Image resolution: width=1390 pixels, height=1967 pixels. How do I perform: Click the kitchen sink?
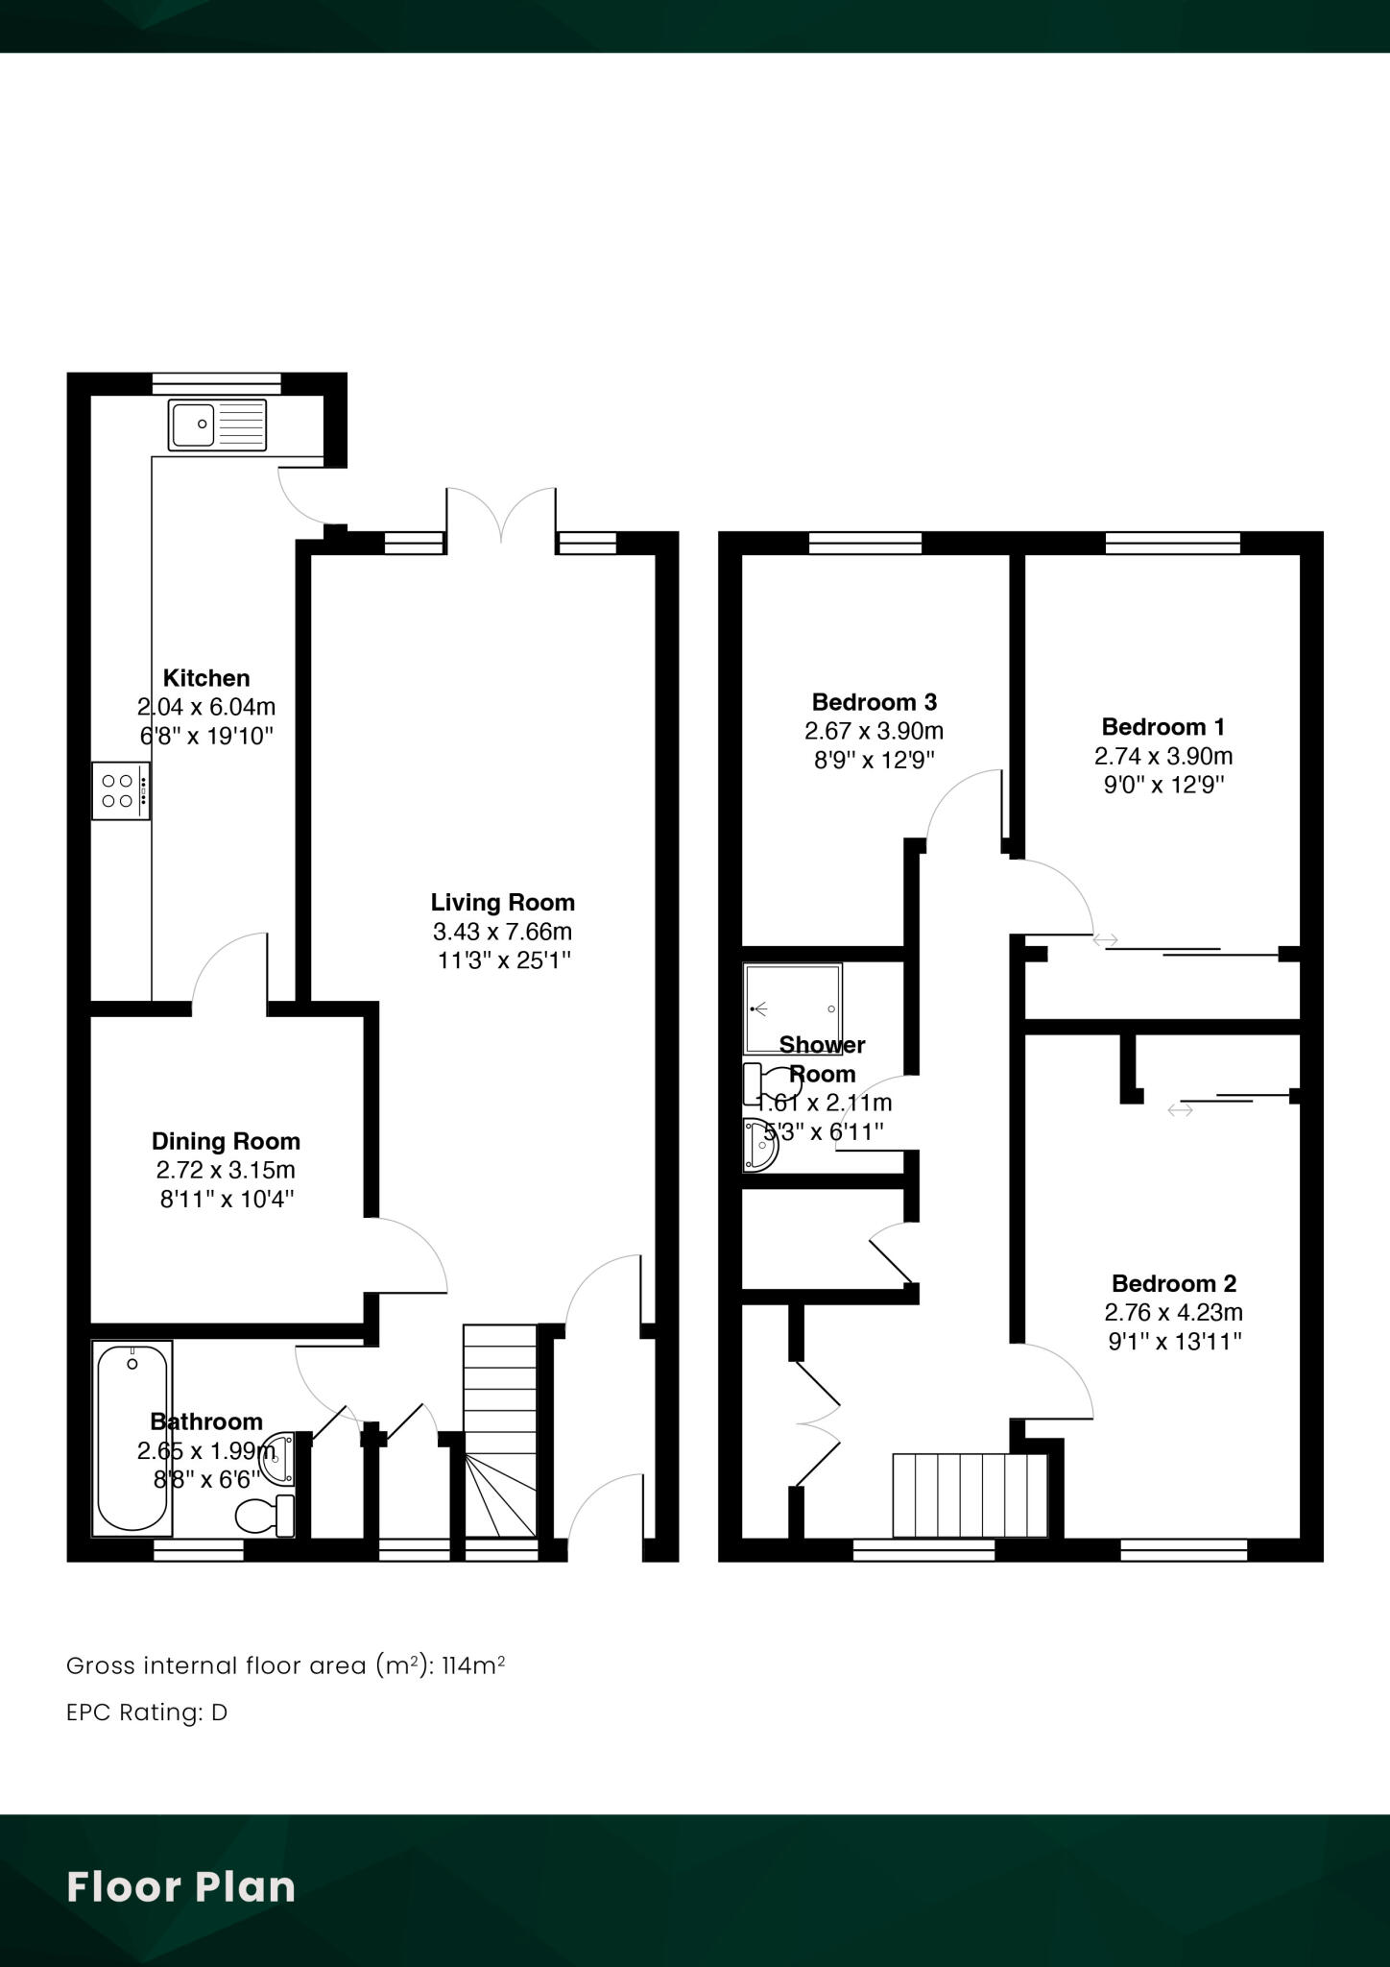[x=218, y=425]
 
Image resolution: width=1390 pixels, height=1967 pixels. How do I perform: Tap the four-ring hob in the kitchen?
[x=121, y=791]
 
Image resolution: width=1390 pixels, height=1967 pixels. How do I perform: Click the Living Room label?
[x=502, y=903]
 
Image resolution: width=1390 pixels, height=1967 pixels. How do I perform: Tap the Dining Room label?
[x=226, y=1141]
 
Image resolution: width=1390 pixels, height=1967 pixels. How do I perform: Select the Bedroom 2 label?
[x=1173, y=1283]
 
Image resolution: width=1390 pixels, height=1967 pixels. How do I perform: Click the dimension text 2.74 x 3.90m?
[x=1162, y=756]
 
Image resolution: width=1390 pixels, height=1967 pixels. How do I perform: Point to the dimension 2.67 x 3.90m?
[x=874, y=731]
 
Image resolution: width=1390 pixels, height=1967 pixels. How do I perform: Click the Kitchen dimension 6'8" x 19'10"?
[x=206, y=737]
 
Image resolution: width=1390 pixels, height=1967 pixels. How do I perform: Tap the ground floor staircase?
[x=499, y=1431]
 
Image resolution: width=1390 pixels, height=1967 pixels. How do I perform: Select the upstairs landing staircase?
[x=969, y=1495]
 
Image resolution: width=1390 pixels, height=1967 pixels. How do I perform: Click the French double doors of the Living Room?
[x=500, y=519]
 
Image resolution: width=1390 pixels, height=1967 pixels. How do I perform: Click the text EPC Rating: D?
[x=147, y=1712]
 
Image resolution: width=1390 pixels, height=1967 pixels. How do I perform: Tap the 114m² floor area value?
[x=473, y=1665]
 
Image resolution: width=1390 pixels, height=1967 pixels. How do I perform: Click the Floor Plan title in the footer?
[x=180, y=1886]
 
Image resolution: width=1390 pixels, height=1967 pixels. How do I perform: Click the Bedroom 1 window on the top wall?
[x=1172, y=544]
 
